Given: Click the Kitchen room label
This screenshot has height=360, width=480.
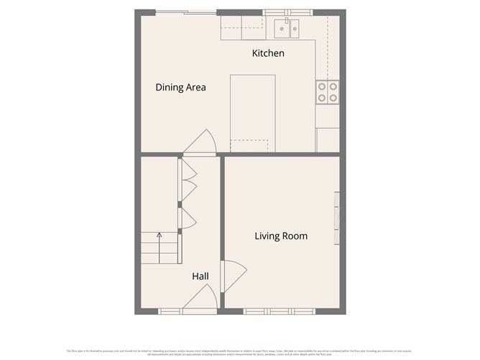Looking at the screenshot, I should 268,53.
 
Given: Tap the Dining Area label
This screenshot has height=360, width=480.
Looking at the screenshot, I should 180,88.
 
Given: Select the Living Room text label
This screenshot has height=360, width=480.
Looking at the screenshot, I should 281,236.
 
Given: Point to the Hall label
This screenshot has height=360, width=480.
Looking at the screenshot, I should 200,276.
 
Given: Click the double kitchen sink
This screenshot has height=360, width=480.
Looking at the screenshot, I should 286,29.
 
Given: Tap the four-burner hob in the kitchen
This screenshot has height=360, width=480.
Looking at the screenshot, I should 328,91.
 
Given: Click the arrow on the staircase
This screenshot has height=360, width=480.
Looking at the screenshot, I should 160,235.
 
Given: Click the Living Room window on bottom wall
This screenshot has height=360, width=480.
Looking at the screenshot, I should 278,311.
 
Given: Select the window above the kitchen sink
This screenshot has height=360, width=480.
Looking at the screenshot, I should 287,12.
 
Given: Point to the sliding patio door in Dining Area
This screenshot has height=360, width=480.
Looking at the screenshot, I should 185,12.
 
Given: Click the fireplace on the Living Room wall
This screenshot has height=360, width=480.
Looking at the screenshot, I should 336,219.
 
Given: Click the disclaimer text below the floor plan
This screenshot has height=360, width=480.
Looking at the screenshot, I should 240,352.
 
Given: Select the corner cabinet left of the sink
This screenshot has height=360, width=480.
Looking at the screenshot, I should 232,29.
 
